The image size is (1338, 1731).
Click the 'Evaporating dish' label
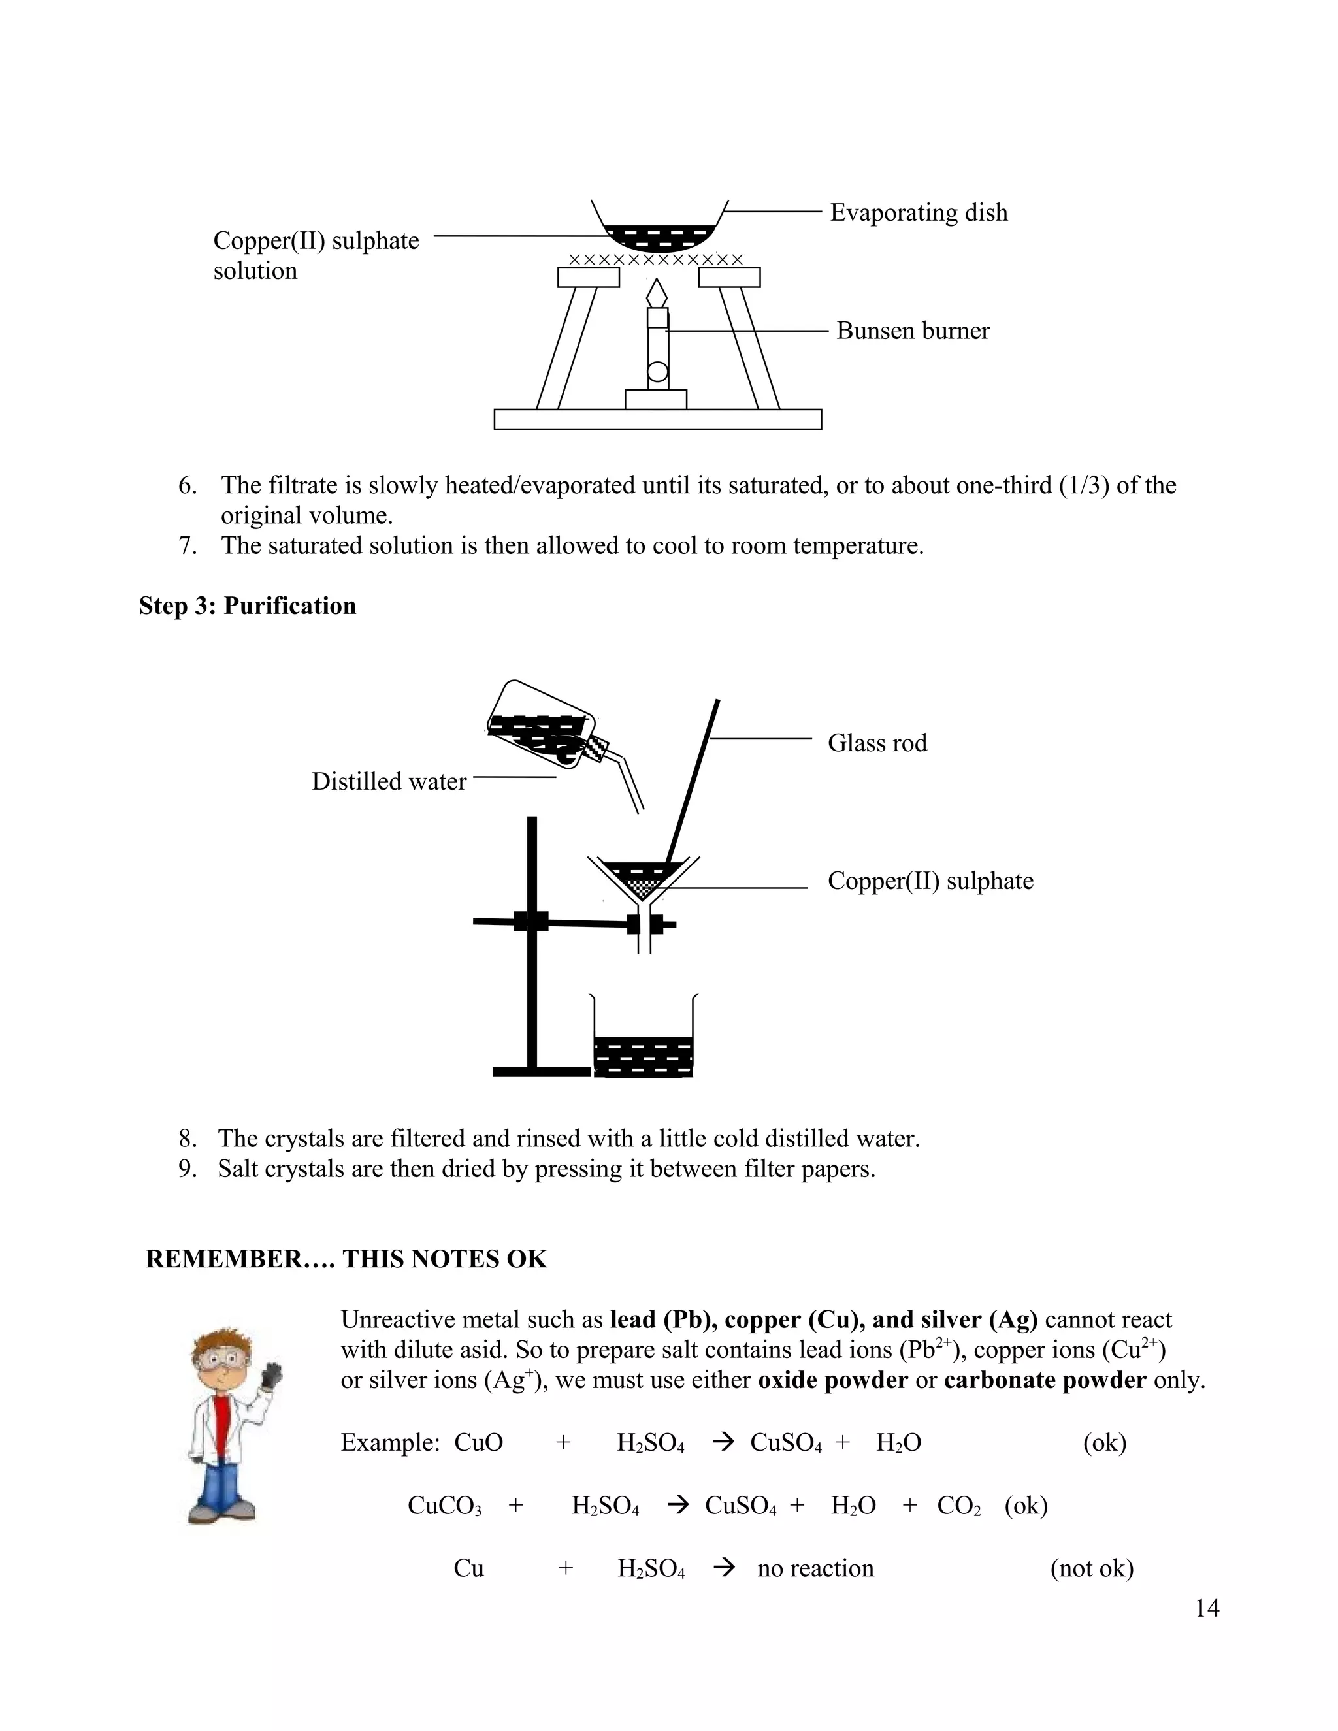[918, 212]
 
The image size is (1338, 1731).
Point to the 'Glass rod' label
[877, 743]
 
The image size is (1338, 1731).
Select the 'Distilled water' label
[389, 781]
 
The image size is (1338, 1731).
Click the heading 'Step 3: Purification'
[248, 606]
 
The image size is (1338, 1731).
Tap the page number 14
[1207, 1608]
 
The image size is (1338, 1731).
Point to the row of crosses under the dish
[657, 260]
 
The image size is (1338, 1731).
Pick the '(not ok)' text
[1092, 1568]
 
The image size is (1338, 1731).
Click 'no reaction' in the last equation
[815, 1568]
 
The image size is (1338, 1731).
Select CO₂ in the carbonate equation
[958, 1505]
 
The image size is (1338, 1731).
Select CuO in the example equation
[478, 1442]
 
